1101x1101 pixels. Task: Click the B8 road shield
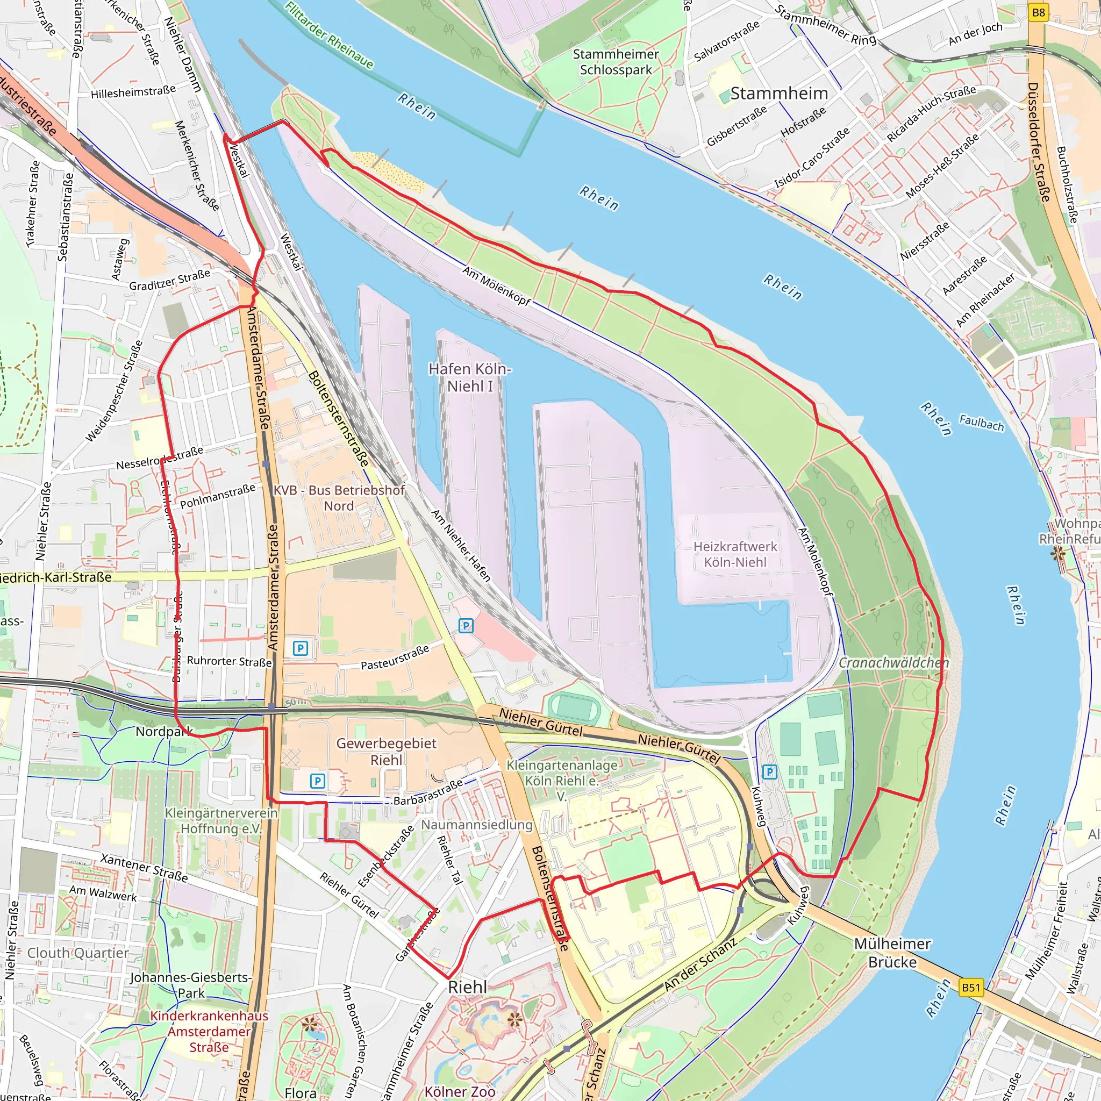pos(1038,12)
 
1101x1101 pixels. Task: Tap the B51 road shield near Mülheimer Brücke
pos(971,988)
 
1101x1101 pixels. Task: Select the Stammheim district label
pos(778,94)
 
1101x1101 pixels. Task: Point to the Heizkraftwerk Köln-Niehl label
pos(734,554)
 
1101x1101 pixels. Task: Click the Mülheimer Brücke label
pos(892,953)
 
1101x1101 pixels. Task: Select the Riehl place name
pos(467,987)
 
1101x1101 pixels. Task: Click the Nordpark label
pos(164,732)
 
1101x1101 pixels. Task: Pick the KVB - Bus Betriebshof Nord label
pos(339,497)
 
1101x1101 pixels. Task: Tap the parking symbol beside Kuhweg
pos(769,772)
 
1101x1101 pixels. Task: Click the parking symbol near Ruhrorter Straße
pos(301,648)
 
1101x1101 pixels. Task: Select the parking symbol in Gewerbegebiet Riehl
pos(317,781)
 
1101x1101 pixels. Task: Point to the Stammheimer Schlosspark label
pos(616,61)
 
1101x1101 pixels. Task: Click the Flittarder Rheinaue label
pos(330,35)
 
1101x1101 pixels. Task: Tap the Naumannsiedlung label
pos(476,825)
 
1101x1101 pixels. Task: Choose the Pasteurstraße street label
pos(395,657)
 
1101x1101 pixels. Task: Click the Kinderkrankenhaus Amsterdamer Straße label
pos(209,1032)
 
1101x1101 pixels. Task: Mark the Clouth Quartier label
pos(78,953)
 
